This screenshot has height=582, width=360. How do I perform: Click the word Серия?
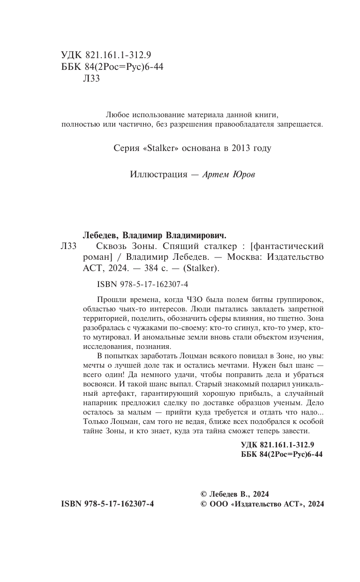[126, 148]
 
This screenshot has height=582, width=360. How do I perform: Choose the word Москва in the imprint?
[246, 257]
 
